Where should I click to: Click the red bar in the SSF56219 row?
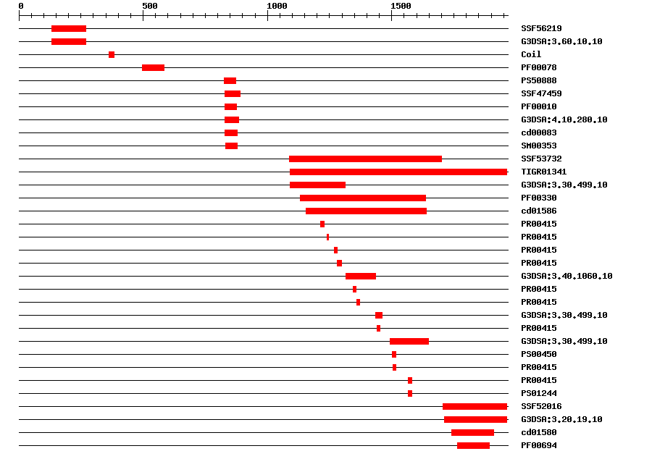(x=69, y=28)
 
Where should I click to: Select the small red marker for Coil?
(x=112, y=54)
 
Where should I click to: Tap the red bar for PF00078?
(x=153, y=67)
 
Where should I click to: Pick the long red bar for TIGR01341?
(x=398, y=172)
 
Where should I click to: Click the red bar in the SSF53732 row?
(x=365, y=159)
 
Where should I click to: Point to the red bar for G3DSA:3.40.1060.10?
(x=361, y=276)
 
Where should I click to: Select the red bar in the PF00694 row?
(x=473, y=445)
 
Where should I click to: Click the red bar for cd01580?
(x=472, y=432)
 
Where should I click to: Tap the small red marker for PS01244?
(x=410, y=393)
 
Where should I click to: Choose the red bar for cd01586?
(x=366, y=211)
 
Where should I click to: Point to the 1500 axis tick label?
(x=401, y=6)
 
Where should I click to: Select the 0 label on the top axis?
(x=21, y=6)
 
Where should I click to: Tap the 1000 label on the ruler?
(x=277, y=6)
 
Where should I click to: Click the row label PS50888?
(x=539, y=80)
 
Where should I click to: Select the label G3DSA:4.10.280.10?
(x=564, y=119)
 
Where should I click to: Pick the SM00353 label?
(x=539, y=146)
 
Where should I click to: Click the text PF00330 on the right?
(x=539, y=198)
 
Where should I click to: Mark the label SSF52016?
(x=541, y=406)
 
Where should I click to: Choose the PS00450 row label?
(x=539, y=354)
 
